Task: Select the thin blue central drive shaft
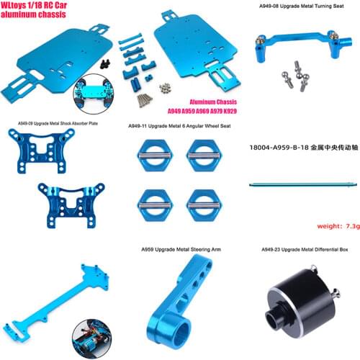303,184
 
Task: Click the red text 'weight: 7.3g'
338,226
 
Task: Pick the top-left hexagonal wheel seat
156,156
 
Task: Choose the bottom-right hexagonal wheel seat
204,205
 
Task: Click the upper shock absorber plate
41,150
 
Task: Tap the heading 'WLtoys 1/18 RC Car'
34,5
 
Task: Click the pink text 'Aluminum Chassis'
213,102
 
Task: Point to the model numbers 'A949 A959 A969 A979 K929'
202,111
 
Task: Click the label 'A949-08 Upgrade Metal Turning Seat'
302,6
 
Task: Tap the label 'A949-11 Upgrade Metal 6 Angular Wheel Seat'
179,126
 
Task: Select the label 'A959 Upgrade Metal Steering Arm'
181,249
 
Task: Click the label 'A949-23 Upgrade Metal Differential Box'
305,250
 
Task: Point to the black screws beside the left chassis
105,63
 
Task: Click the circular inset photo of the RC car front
94,94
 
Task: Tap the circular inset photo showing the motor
92,339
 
